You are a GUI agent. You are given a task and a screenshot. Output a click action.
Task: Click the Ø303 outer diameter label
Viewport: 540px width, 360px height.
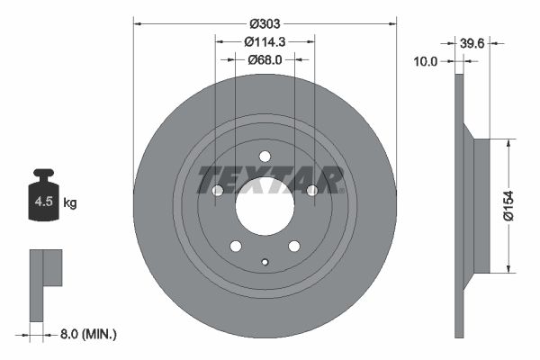point(265,23)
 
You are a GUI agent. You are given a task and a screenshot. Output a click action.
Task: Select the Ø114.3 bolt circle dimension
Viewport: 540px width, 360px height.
point(265,41)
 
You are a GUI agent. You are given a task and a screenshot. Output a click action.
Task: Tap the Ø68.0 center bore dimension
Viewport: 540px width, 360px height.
point(265,60)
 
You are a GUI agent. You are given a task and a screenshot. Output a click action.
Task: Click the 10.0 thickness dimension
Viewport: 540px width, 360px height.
point(427,61)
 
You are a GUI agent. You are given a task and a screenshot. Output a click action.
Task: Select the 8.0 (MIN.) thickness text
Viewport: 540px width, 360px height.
point(86,334)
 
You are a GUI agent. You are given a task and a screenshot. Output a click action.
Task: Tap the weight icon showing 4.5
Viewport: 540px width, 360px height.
point(43,198)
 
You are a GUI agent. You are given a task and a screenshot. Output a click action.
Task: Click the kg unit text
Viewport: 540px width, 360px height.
point(70,203)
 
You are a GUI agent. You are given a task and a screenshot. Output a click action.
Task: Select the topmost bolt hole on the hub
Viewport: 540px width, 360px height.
point(265,157)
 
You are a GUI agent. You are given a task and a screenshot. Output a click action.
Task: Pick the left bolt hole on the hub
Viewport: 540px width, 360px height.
point(217,191)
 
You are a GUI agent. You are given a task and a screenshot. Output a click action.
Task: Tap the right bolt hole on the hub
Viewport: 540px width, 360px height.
point(312,191)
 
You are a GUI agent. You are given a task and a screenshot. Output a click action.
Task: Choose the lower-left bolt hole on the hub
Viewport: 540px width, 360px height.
point(236,247)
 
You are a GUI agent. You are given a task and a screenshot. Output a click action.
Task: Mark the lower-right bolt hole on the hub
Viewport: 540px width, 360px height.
point(293,247)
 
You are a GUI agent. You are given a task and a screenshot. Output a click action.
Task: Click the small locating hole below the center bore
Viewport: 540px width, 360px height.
point(265,263)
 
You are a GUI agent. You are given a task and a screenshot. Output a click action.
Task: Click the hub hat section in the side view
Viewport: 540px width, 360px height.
point(481,205)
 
